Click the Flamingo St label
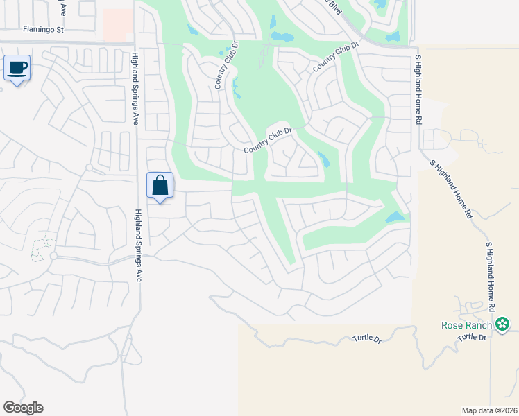(x=42, y=30)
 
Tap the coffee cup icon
(x=17, y=68)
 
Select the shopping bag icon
(x=160, y=185)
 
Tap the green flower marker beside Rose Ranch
(x=502, y=324)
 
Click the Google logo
(x=23, y=408)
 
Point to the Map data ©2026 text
(x=489, y=410)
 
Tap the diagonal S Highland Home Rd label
(x=451, y=189)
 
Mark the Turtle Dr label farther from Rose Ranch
(x=368, y=339)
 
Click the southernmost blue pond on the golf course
(x=393, y=218)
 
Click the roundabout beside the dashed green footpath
(x=53, y=256)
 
